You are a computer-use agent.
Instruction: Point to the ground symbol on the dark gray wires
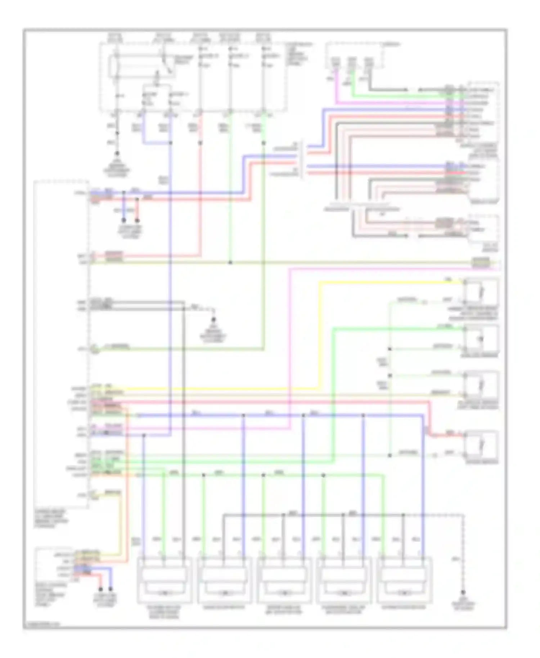[x=213, y=320]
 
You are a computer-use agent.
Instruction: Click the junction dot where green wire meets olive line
[x=230, y=263]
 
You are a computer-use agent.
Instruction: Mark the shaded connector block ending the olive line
[x=481, y=263]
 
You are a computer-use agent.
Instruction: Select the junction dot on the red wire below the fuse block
[x=201, y=143]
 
